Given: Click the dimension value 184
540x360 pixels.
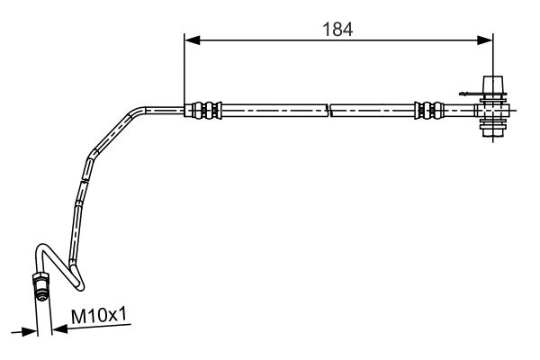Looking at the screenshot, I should pyautogui.click(x=338, y=28).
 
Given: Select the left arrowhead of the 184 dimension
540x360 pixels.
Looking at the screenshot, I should pyautogui.click(x=190, y=40).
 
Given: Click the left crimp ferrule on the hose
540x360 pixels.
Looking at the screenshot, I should pyautogui.click(x=203, y=111).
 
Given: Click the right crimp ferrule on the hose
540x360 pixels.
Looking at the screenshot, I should pyautogui.click(x=428, y=111).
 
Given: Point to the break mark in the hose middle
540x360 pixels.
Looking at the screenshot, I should pyautogui.click(x=328, y=111).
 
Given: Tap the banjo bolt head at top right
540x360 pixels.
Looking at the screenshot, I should pyautogui.click(x=492, y=86).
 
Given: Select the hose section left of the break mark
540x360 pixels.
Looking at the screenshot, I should pyautogui.click(x=270, y=111).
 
